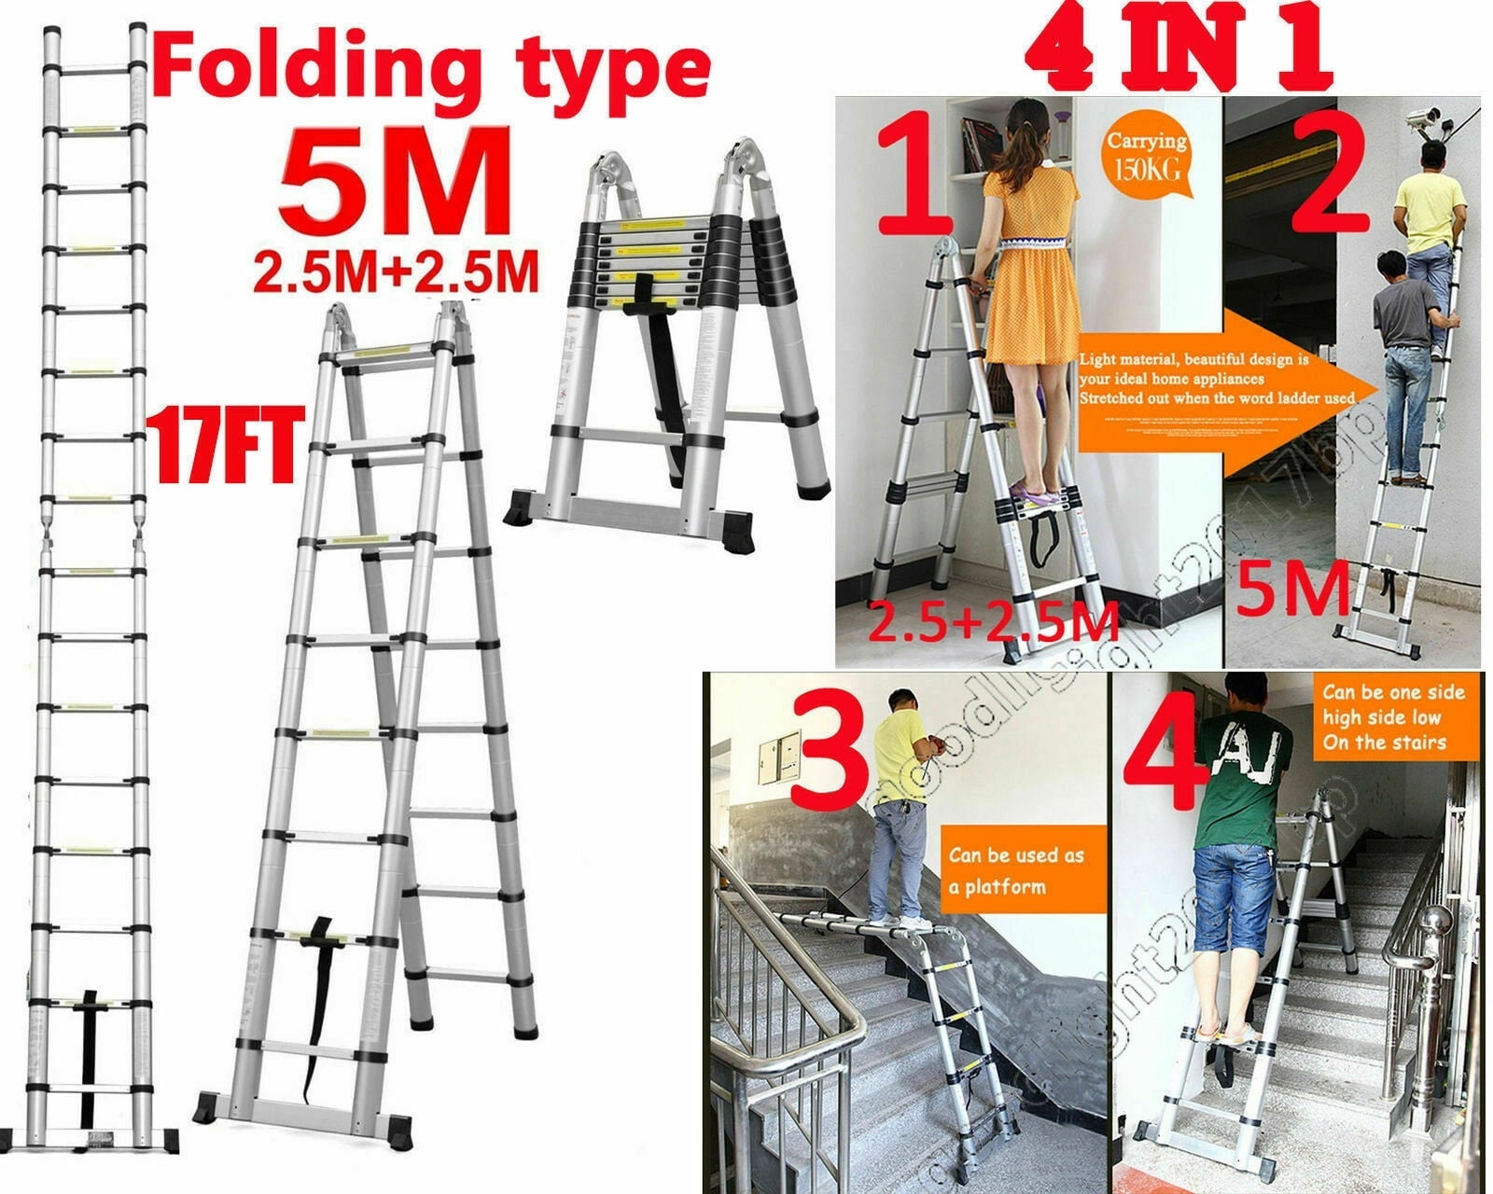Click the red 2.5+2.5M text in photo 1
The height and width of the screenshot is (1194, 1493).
994,622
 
